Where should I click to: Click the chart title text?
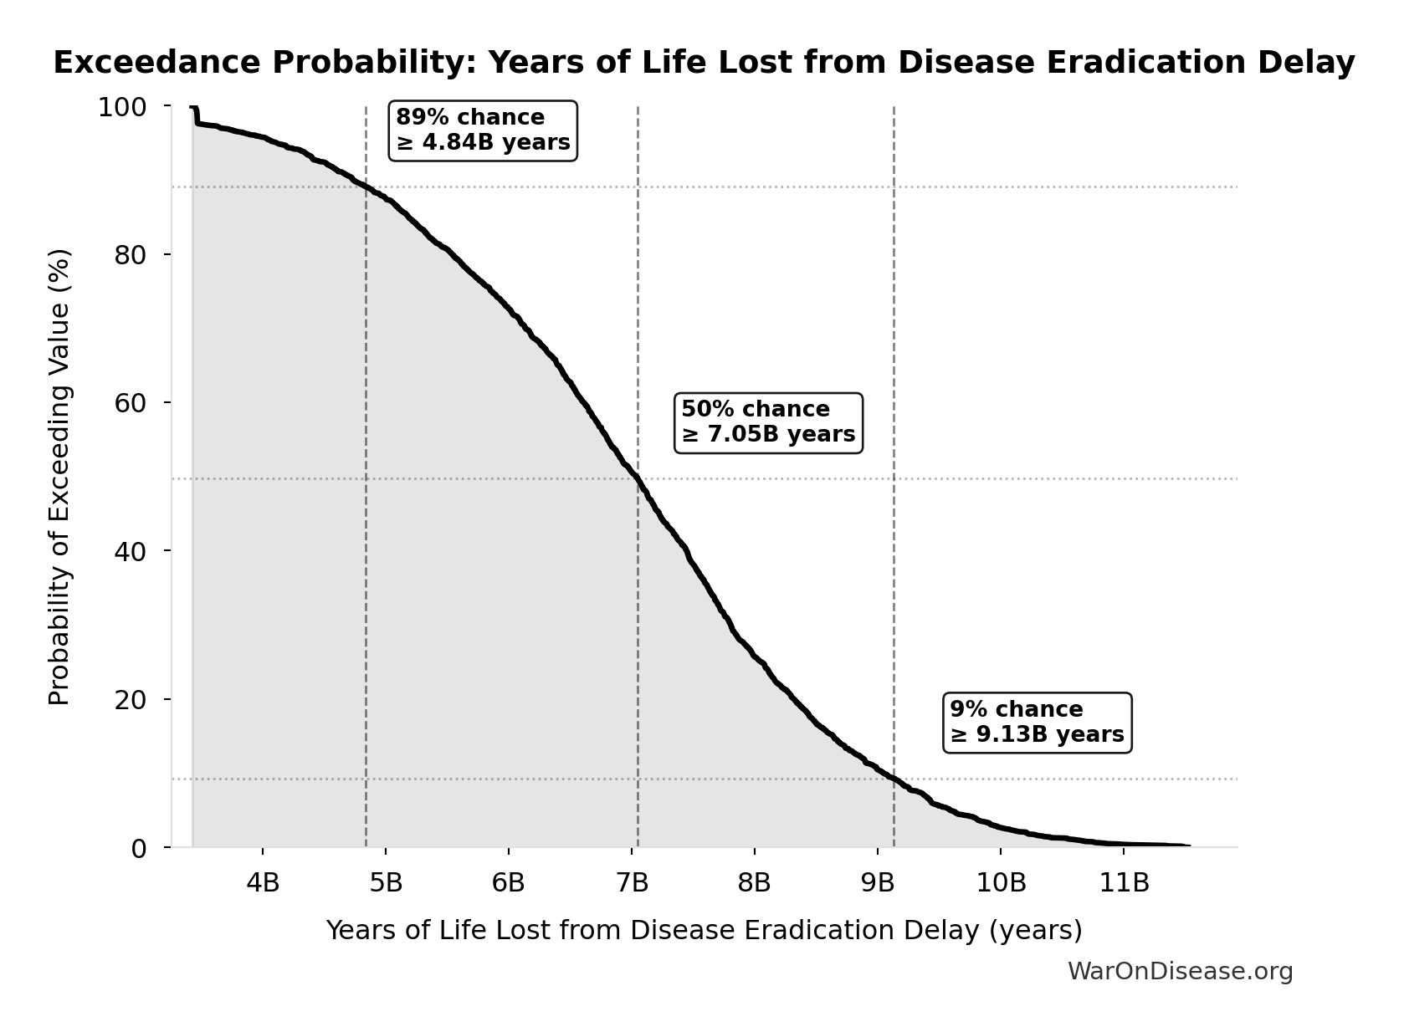[704, 63]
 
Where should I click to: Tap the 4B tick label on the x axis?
[263, 882]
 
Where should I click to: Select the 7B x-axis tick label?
[632, 882]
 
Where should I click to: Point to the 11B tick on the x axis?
[1123, 882]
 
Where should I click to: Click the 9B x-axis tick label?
[878, 882]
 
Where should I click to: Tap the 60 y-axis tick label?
[131, 403]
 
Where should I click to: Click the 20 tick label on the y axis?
[131, 699]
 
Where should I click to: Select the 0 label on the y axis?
[139, 849]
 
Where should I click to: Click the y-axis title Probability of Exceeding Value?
[59, 477]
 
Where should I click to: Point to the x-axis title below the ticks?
[704, 930]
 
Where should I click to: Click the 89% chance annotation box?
[483, 130]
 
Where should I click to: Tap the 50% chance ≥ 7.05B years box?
[768, 422]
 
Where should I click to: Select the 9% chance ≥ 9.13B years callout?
[1038, 723]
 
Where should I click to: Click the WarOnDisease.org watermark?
[1180, 971]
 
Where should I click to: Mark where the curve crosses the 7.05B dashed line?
[638, 479]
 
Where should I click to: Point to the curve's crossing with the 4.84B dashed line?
[366, 186]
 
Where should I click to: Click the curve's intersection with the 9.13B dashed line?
[894, 779]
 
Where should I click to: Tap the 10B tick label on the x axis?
[1001, 882]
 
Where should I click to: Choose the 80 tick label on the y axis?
[131, 255]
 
